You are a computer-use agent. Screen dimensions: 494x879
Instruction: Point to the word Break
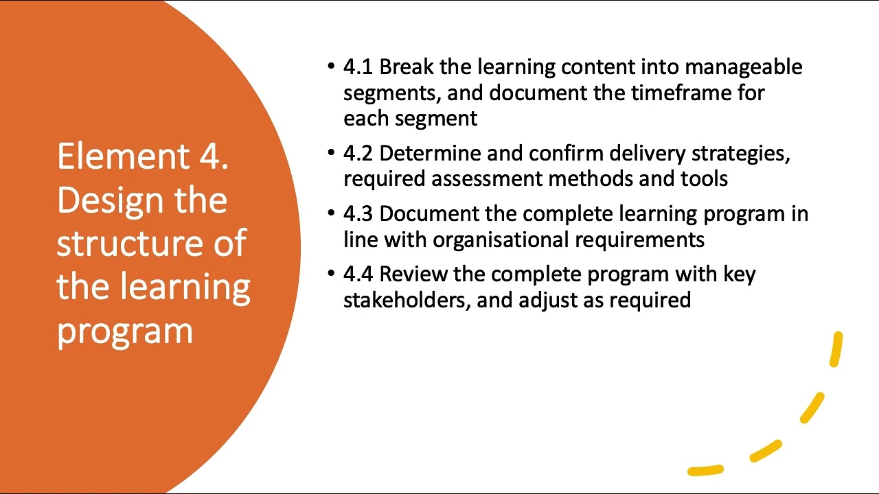pos(407,67)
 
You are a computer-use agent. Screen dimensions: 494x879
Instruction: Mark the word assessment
pos(486,178)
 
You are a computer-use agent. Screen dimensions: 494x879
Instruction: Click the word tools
pos(703,178)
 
